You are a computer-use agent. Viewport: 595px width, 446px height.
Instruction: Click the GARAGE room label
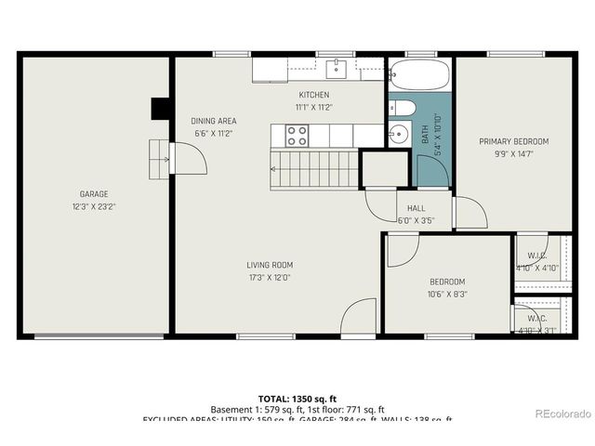(x=93, y=194)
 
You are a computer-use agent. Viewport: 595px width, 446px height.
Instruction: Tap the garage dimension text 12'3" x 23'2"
(x=93, y=206)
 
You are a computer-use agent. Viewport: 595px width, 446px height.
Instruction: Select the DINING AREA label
(x=214, y=121)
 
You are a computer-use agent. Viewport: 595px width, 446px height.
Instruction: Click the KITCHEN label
(x=313, y=95)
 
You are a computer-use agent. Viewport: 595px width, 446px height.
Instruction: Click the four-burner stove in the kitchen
(x=297, y=137)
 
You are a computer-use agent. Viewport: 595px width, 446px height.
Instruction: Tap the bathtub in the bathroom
(x=418, y=72)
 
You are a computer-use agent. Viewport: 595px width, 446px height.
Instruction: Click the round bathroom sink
(x=399, y=134)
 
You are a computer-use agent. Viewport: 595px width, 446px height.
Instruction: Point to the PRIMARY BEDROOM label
(x=513, y=141)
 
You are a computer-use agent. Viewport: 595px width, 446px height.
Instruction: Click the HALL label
(x=416, y=209)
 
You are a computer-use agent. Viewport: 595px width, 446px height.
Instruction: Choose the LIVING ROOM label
(x=270, y=265)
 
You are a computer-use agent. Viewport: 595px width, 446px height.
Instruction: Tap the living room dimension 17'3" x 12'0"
(x=270, y=277)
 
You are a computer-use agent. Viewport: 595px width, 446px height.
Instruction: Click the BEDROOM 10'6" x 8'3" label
(x=447, y=282)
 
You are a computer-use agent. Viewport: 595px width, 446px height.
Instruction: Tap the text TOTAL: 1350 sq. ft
(x=297, y=398)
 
